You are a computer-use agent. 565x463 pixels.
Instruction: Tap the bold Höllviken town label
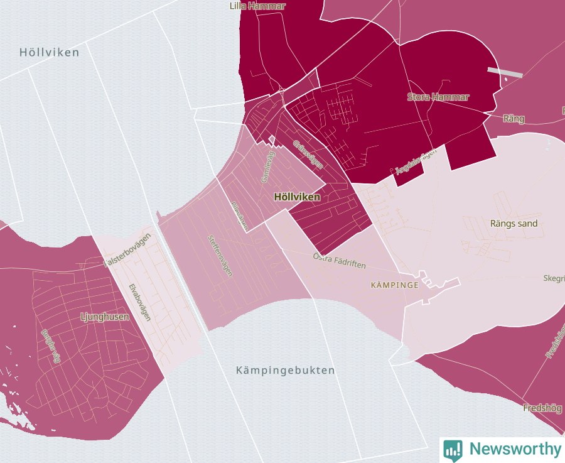[x=297, y=197]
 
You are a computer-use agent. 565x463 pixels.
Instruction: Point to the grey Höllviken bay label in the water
[x=49, y=52]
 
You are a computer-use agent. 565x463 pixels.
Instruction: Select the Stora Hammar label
[x=438, y=97]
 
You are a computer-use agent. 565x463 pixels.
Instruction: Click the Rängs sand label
[x=514, y=223]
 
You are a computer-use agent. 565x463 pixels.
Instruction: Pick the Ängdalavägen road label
[x=415, y=161]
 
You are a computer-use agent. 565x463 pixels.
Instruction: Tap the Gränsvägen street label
[x=308, y=155]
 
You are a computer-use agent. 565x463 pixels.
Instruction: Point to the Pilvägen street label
[x=239, y=215]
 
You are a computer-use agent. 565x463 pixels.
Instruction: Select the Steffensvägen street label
[x=220, y=256]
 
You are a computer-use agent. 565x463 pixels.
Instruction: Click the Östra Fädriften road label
[x=339, y=260]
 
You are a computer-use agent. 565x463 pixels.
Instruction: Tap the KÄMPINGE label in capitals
[x=395, y=285]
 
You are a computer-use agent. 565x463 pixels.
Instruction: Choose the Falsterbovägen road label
[x=127, y=251]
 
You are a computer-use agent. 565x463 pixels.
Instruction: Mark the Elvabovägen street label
[x=139, y=302]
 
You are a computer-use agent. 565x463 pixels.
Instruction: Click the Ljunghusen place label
[x=105, y=317]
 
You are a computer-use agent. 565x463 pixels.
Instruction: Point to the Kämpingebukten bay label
[x=286, y=370]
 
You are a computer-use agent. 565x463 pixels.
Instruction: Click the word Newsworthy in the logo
[x=515, y=449]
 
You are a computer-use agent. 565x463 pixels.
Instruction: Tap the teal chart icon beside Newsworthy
[x=453, y=449]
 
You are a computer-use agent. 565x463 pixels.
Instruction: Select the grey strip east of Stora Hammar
[x=505, y=72]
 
